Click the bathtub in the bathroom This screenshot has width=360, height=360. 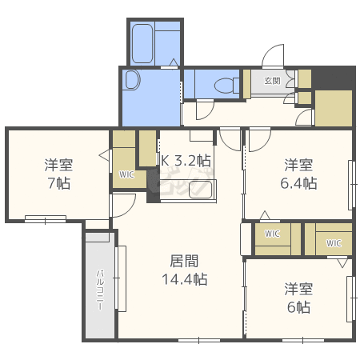tap(142, 44)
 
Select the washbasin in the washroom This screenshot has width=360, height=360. tap(132, 79)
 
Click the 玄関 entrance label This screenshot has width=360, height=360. tap(272, 81)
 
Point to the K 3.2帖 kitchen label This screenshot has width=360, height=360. tap(186, 161)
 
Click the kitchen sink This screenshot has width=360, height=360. tap(200, 190)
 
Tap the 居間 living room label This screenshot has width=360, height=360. tap(184, 261)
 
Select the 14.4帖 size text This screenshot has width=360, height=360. tap(184, 279)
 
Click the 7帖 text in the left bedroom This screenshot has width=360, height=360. tap(59, 183)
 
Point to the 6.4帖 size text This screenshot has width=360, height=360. tap(298, 183)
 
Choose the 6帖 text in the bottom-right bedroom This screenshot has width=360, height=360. tap(298, 307)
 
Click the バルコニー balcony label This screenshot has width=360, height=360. tap(100, 290)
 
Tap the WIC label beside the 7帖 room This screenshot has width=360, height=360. tap(126, 174)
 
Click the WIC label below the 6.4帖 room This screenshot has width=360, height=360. tap(272, 234)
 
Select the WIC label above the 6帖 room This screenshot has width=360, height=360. tap(334, 243)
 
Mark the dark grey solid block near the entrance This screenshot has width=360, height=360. tap(334, 78)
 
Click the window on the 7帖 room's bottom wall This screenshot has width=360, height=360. tap(46, 219)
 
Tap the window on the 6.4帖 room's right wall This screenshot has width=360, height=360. tap(352, 185)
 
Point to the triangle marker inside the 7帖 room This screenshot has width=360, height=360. tap(104, 155)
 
